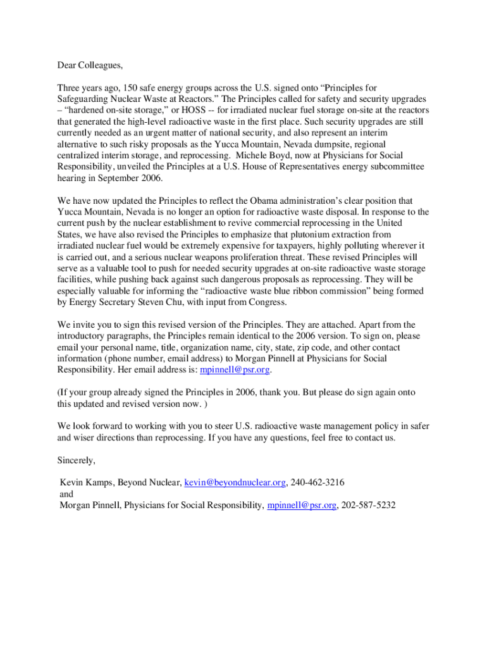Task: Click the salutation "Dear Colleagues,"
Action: [90, 65]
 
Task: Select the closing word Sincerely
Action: [77, 460]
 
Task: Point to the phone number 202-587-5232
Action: [368, 506]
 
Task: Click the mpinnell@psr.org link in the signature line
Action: [302, 506]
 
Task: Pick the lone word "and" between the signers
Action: [66, 494]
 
